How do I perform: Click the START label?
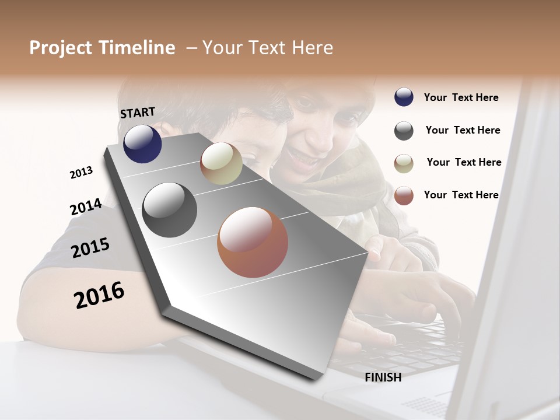[138, 113]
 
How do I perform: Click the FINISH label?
[383, 377]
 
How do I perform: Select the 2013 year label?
[81, 173]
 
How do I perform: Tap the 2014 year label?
[86, 207]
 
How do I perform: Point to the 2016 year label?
[99, 295]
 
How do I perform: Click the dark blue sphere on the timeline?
[142, 143]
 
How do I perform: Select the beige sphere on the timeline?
[221, 163]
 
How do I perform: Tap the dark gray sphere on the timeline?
[170, 209]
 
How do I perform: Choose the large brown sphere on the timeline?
[253, 242]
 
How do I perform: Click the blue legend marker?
[404, 97]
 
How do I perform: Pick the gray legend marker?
[404, 131]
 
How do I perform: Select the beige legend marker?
[404, 163]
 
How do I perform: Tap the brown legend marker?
[404, 195]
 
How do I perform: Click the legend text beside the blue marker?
[461, 97]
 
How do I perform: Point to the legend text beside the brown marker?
[461, 195]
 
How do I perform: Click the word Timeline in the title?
[138, 48]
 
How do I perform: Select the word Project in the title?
[60, 48]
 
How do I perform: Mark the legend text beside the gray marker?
[463, 130]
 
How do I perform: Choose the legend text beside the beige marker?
[464, 162]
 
